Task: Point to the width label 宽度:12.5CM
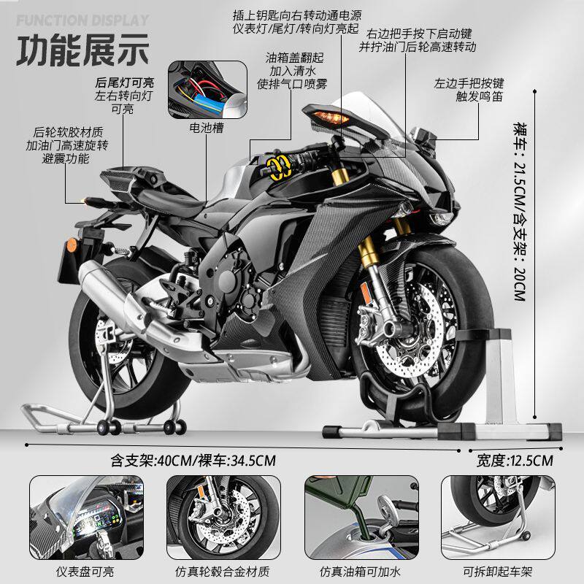point(515,460)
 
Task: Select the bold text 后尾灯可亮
point(122,82)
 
